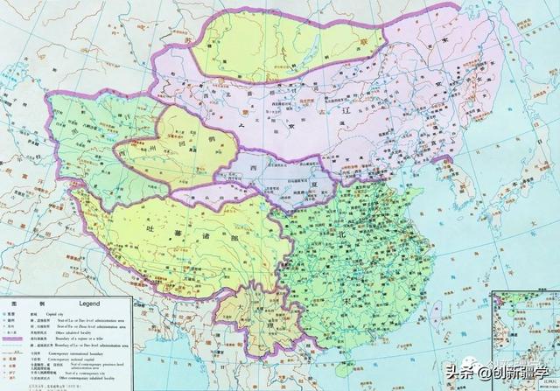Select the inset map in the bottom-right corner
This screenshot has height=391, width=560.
525,341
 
